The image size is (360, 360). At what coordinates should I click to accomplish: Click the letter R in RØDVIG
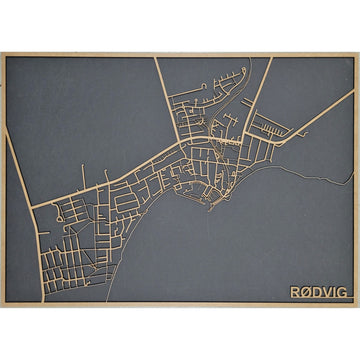click(x=294, y=292)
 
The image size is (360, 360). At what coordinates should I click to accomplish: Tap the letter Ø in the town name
click(x=305, y=292)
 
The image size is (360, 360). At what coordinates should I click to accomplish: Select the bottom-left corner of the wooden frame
click(x=2, y=306)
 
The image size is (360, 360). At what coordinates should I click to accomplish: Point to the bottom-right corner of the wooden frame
click(x=358, y=306)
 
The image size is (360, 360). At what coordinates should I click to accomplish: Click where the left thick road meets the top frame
click(x=156, y=57)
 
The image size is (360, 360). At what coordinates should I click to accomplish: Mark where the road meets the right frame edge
click(x=354, y=93)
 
